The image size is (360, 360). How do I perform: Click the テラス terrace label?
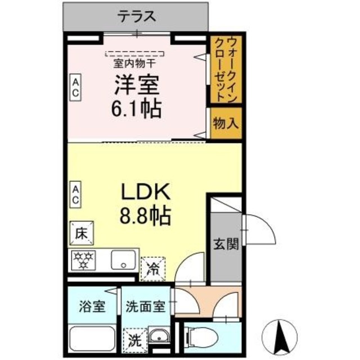click(x=136, y=16)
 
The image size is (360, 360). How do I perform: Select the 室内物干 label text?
click(x=136, y=63)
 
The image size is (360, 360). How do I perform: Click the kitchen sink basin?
click(x=123, y=261)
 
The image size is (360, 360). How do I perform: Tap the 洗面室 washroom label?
click(x=145, y=308)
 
